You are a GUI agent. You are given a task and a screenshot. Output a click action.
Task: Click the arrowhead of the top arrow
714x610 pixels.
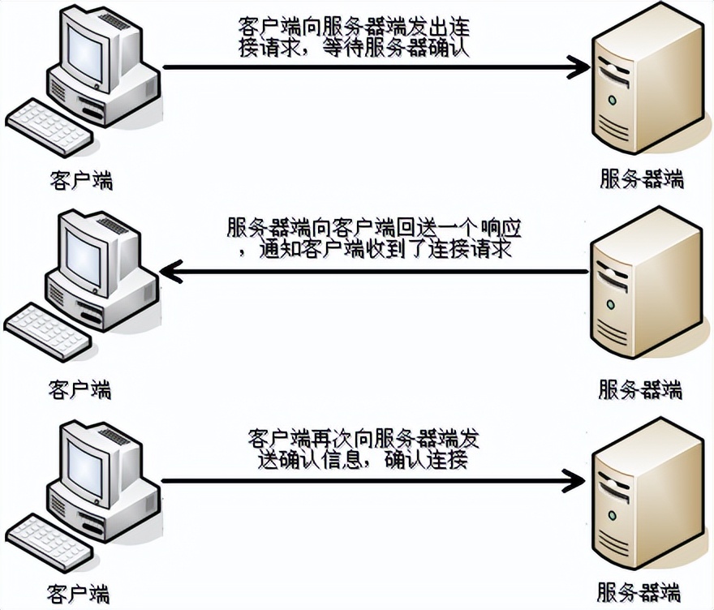coord(581,67)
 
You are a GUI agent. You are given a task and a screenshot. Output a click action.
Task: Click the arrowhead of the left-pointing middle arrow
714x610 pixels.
coord(170,273)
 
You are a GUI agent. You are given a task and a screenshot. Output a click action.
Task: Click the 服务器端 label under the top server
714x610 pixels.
coord(641,178)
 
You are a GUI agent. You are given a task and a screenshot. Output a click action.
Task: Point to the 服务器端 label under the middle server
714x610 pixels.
coord(640,389)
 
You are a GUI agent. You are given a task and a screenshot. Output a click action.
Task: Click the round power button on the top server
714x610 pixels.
coord(611,100)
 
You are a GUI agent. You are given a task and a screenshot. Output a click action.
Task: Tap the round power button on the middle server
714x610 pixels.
coord(609,305)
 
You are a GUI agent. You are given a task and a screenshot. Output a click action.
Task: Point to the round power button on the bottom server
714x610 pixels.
coord(609,516)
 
